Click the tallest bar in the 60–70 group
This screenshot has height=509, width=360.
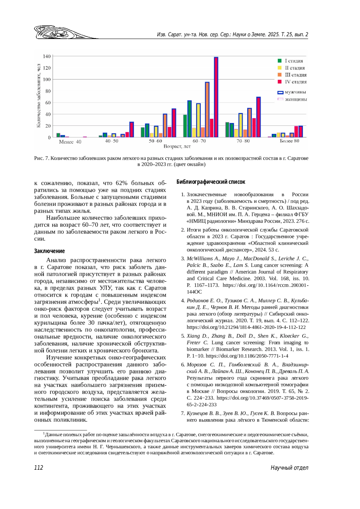216,97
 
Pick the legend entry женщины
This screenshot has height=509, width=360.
292,99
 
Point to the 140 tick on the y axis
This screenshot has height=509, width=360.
47,56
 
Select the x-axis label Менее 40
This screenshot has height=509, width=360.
70,142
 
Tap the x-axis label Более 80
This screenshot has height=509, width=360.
289,141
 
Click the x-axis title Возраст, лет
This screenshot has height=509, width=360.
177,146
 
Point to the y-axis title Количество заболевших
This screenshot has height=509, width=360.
39,96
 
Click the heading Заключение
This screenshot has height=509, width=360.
49,251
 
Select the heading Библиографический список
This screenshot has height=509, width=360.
211,182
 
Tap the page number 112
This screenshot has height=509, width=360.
39,468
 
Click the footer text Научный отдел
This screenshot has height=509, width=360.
289,468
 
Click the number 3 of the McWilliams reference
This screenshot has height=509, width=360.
182,259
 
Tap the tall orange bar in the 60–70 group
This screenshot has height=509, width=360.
207,110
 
